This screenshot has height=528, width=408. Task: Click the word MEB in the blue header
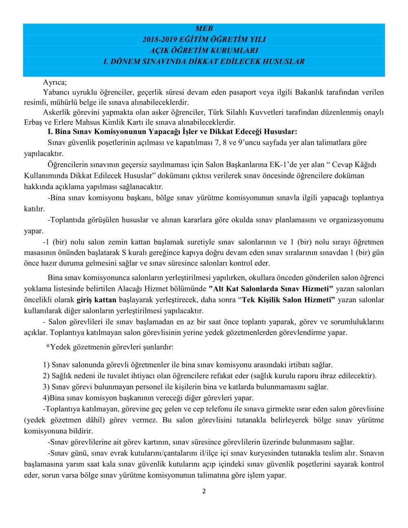pyautogui.click(x=204, y=29)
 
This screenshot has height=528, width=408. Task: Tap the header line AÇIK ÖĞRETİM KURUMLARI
pyautogui.click(x=204, y=51)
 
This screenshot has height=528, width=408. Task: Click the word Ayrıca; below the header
pyautogui.click(x=55, y=82)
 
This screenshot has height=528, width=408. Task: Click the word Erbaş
pyautogui.click(x=33, y=122)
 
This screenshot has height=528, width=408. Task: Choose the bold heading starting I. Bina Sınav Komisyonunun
pyautogui.click(x=173, y=132)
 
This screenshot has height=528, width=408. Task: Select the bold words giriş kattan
pyautogui.click(x=96, y=300)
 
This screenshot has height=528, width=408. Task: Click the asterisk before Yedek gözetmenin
pyautogui.click(x=48, y=347)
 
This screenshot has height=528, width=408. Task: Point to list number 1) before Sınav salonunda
pyautogui.click(x=46, y=365)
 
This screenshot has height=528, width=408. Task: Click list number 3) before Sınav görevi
pyautogui.click(x=46, y=387)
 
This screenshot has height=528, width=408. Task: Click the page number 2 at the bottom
pyautogui.click(x=204, y=491)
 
